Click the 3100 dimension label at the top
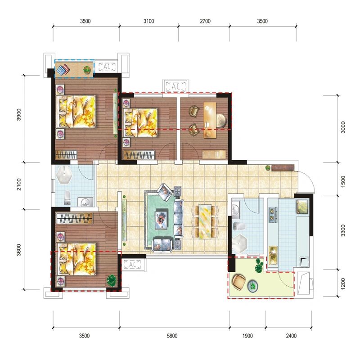click(x=149, y=21)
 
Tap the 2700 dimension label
click(x=205, y=21)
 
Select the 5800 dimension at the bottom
click(x=172, y=336)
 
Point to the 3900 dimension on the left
click(x=19, y=115)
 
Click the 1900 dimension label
click(x=247, y=336)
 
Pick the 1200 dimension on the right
click(x=343, y=284)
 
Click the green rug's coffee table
click(x=162, y=219)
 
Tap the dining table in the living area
click(x=205, y=221)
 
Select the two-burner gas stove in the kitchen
click(x=273, y=215)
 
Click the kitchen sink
click(x=273, y=255)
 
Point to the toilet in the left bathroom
click(x=67, y=198)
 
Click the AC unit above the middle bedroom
click(x=175, y=86)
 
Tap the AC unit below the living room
click(x=132, y=265)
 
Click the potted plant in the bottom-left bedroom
click(x=111, y=280)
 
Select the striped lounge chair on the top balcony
click(x=64, y=69)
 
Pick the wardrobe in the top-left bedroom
click(x=66, y=155)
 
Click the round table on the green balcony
click(x=253, y=286)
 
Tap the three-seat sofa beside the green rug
click(x=179, y=218)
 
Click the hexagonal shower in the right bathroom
click(x=239, y=243)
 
